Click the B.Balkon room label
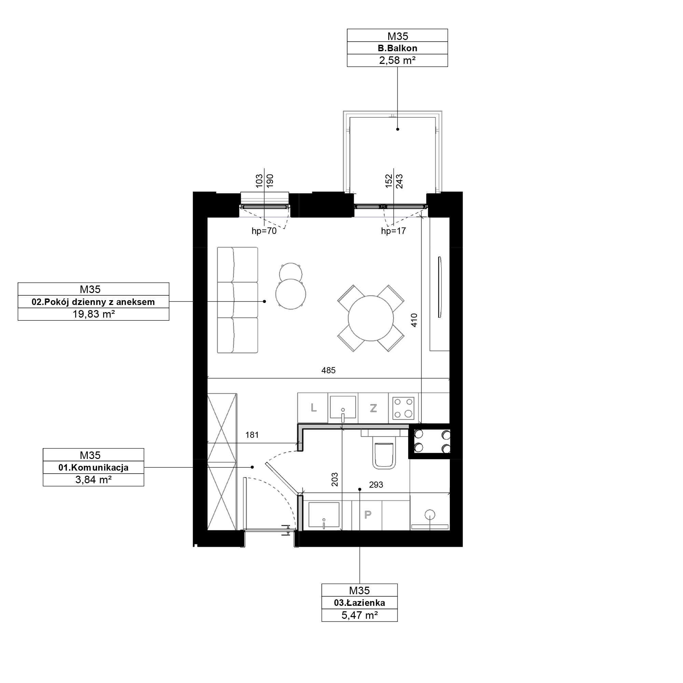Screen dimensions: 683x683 point(398,48)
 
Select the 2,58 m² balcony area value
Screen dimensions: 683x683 point(398,60)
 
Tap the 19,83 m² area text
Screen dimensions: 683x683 point(94,314)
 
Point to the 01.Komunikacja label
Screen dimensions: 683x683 point(93,468)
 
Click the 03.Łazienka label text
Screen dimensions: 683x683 point(360,603)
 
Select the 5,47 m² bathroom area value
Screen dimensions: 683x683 point(360,615)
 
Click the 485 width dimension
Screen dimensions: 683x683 point(329,370)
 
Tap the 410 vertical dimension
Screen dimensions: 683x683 point(414,320)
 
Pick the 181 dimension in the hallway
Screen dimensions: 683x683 point(252,435)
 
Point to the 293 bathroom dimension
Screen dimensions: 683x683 point(376,485)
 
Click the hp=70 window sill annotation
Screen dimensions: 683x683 point(264,231)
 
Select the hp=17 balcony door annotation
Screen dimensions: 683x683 point(393,231)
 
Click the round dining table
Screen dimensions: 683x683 point(371,318)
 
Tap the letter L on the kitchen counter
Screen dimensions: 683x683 point(313,408)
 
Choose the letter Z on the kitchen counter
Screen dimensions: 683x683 point(373,408)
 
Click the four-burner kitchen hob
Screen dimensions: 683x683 point(403,408)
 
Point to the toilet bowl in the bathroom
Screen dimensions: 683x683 point(384,456)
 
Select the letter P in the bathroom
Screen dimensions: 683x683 point(368,515)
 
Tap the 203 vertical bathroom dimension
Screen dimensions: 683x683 point(335,480)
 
